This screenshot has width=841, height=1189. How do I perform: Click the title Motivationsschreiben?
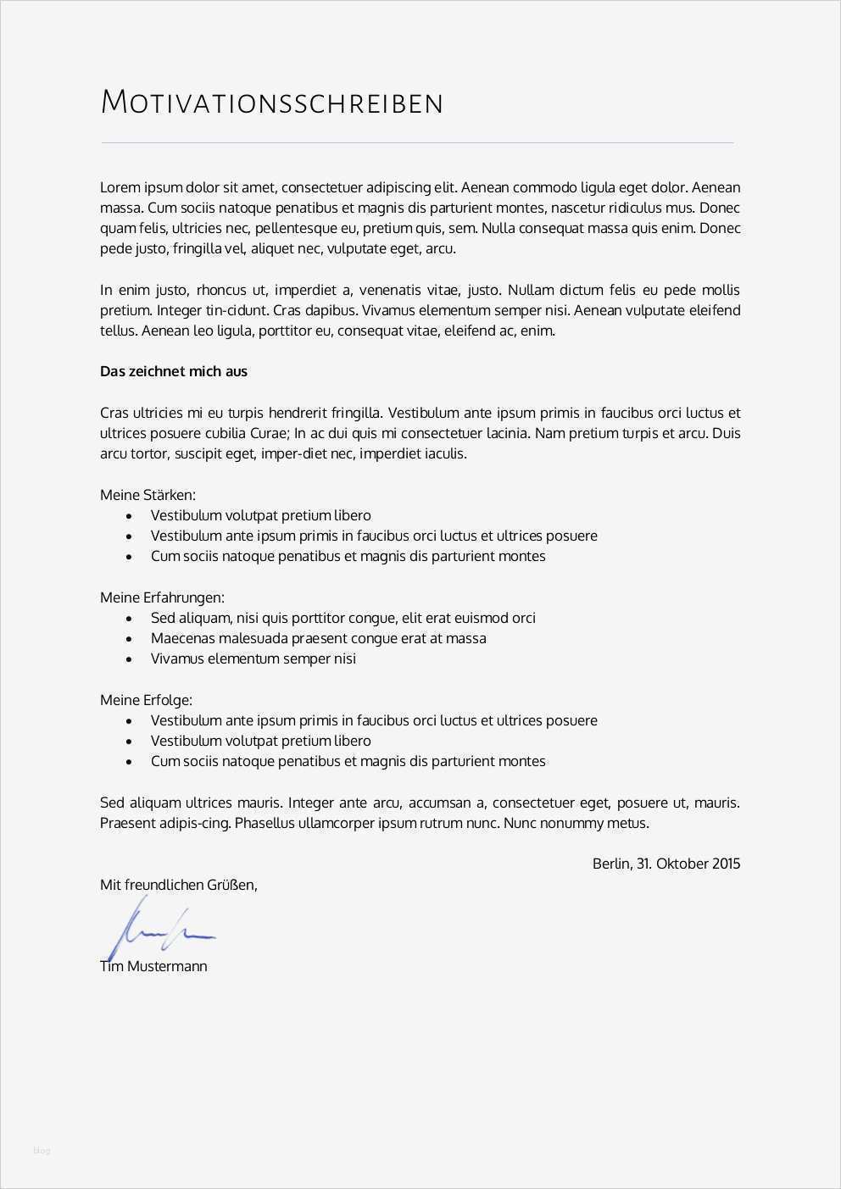pyautogui.click(x=271, y=103)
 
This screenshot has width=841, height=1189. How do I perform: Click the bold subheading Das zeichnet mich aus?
pyautogui.click(x=174, y=371)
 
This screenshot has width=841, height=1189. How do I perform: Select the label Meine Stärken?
pyautogui.click(x=148, y=495)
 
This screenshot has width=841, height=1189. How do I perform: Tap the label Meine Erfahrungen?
pyautogui.click(x=162, y=597)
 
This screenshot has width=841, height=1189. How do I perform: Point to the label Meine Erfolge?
pyautogui.click(x=146, y=700)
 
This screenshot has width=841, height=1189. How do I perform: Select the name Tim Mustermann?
pyautogui.click(x=153, y=966)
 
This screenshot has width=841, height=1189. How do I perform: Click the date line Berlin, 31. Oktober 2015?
pyautogui.click(x=666, y=864)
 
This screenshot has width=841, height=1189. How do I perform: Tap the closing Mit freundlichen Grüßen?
pyautogui.click(x=178, y=885)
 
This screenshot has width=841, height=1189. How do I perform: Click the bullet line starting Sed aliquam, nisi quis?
pyautogui.click(x=343, y=618)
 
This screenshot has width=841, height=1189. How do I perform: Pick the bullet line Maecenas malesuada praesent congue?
pyautogui.click(x=318, y=638)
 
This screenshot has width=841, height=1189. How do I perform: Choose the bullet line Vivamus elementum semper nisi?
pyautogui.click(x=253, y=658)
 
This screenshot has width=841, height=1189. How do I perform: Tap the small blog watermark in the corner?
pyautogui.click(x=42, y=1150)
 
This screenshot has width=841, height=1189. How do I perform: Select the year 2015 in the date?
pyautogui.click(x=726, y=864)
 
